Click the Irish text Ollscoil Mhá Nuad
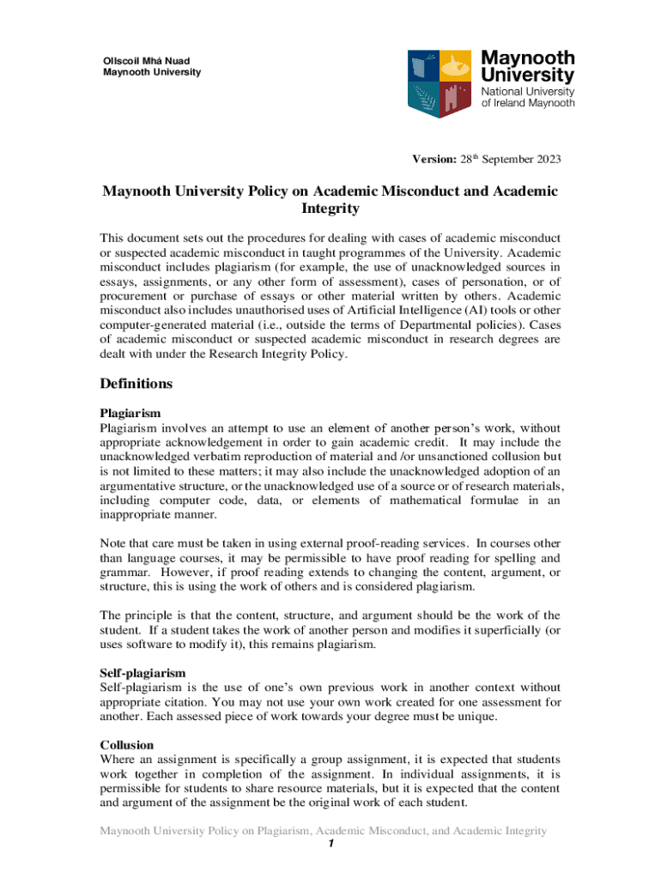(146, 60)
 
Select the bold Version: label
(434, 160)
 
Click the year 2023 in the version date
(546, 160)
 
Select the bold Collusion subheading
(127, 745)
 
